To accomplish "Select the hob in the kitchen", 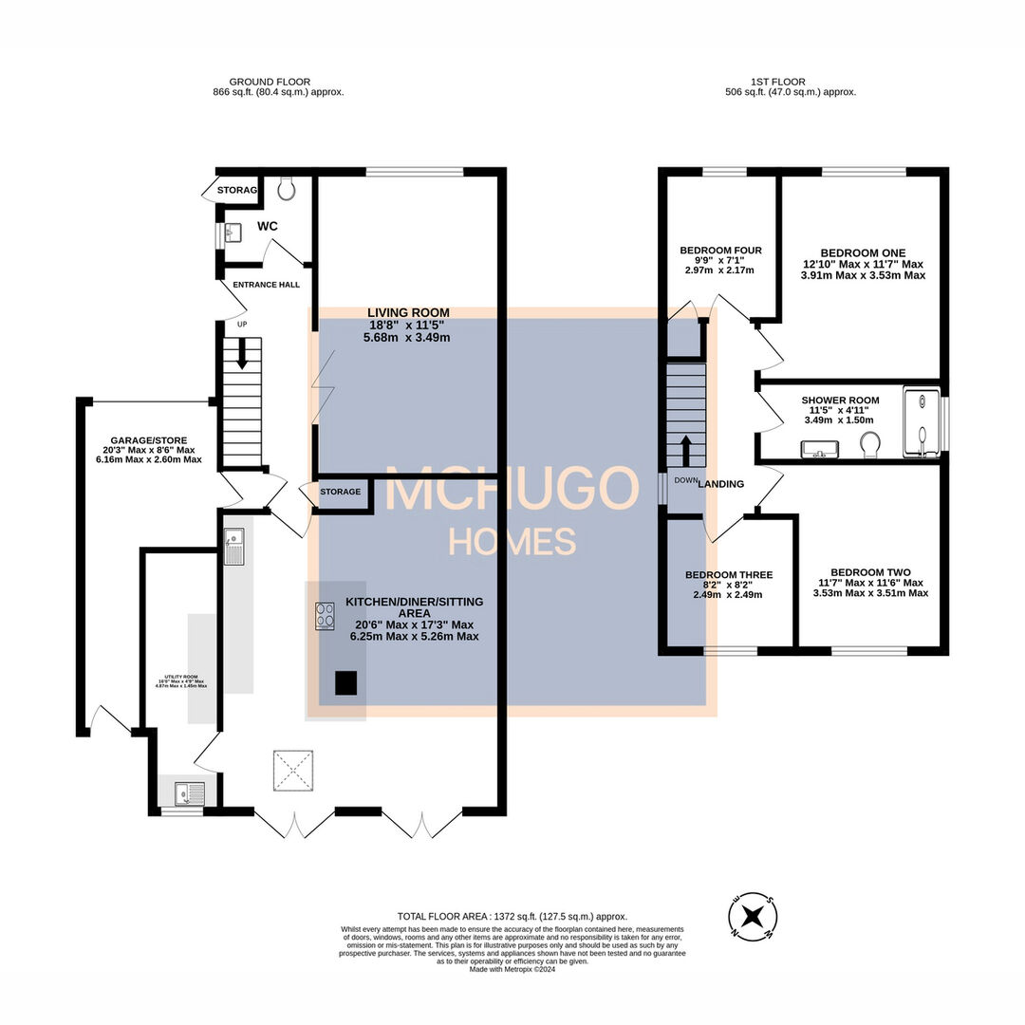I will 326,615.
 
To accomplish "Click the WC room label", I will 268,228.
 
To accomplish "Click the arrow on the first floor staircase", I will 685,445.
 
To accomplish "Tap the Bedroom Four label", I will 720,251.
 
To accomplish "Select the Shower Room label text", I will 839,401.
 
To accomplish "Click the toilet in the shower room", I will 868,444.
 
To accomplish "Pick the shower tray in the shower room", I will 920,421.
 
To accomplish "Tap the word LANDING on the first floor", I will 720,484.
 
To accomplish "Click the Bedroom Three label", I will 728,575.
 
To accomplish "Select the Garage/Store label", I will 146,441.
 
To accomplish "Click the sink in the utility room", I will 189,790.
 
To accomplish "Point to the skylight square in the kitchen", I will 293,770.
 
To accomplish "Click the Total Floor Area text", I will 512,917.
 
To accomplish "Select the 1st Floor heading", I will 790,83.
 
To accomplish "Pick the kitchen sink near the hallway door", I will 233,547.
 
